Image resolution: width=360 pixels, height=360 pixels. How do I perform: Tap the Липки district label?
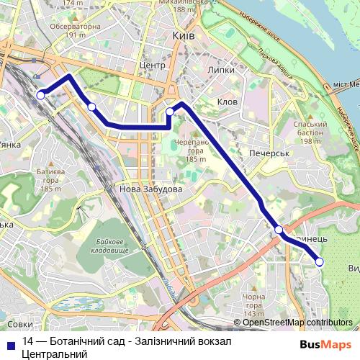(x=220, y=71)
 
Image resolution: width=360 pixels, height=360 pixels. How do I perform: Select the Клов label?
(x=227, y=102)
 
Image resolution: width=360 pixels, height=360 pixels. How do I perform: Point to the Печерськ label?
(x=269, y=153)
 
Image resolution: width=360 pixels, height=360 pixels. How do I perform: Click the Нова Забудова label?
(x=150, y=189)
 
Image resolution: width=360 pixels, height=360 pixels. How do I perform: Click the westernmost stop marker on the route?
(x=41, y=94)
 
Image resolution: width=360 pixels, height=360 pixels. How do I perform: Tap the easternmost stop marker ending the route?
(x=320, y=261)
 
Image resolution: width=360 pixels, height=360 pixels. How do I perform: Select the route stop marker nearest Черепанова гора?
(x=171, y=112)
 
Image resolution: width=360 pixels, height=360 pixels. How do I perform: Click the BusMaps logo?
(x=325, y=344)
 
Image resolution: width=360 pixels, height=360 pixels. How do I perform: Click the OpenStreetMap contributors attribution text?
(x=297, y=323)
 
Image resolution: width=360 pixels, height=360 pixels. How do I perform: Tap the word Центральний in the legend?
(x=55, y=354)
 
